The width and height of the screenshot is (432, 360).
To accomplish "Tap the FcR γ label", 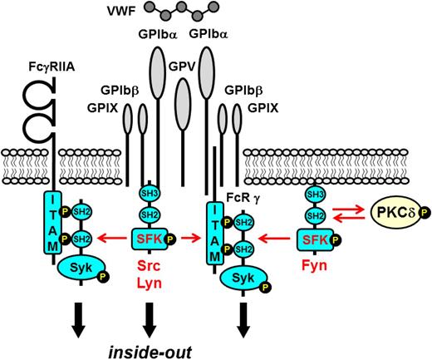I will [x=244, y=199].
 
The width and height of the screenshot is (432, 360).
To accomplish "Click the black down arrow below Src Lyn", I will [x=150, y=318].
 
